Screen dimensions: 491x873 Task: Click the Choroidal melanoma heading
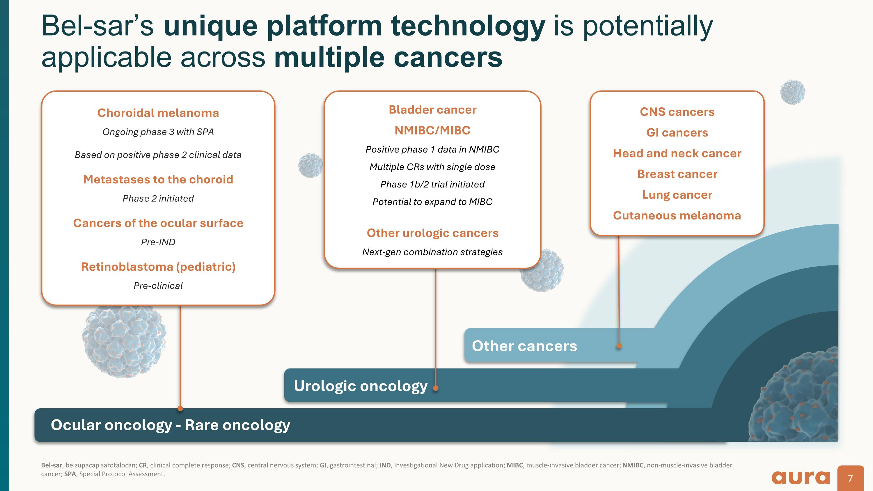pyautogui.click(x=158, y=113)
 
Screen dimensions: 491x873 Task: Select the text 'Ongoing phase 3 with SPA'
pyautogui.click(x=158, y=132)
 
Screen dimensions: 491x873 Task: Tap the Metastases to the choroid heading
pyautogui.click(x=158, y=179)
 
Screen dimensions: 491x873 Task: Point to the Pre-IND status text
pyautogui.click(x=158, y=242)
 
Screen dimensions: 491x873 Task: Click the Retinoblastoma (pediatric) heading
pyautogui.click(x=158, y=267)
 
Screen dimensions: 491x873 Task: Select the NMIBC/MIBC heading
pyautogui.click(x=432, y=130)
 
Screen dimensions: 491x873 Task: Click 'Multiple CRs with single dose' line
pyautogui.click(x=432, y=167)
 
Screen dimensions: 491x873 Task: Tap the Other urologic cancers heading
pyautogui.click(x=432, y=233)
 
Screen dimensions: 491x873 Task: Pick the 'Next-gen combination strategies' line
pyautogui.click(x=432, y=252)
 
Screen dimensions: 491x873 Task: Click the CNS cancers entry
pyautogui.click(x=677, y=112)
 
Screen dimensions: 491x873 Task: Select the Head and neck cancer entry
pyautogui.click(x=677, y=153)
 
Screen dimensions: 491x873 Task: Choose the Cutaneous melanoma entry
pyautogui.click(x=677, y=215)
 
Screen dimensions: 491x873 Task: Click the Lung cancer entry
pyautogui.click(x=677, y=195)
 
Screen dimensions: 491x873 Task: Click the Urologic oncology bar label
pyautogui.click(x=360, y=386)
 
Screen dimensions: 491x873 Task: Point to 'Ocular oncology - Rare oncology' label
pyautogui.click(x=170, y=425)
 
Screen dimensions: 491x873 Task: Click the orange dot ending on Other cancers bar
pyautogui.click(x=619, y=346)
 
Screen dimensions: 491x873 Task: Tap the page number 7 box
pyautogui.click(x=850, y=478)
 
